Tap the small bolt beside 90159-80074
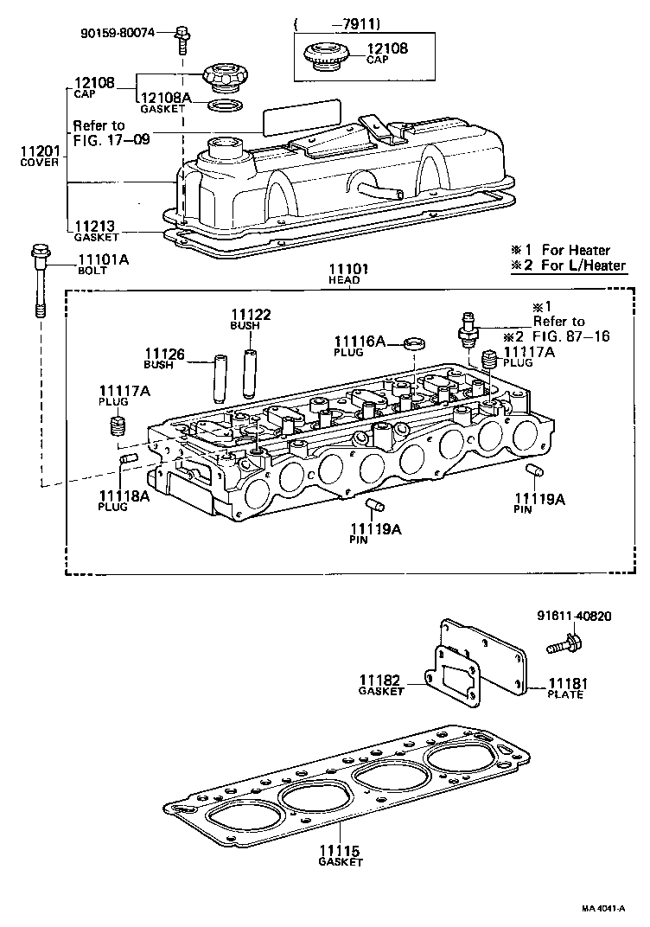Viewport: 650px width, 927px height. [x=182, y=35]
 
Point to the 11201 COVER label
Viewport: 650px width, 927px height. [x=40, y=157]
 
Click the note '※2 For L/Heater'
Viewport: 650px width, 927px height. [x=568, y=265]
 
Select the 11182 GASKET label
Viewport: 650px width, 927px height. [x=381, y=684]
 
